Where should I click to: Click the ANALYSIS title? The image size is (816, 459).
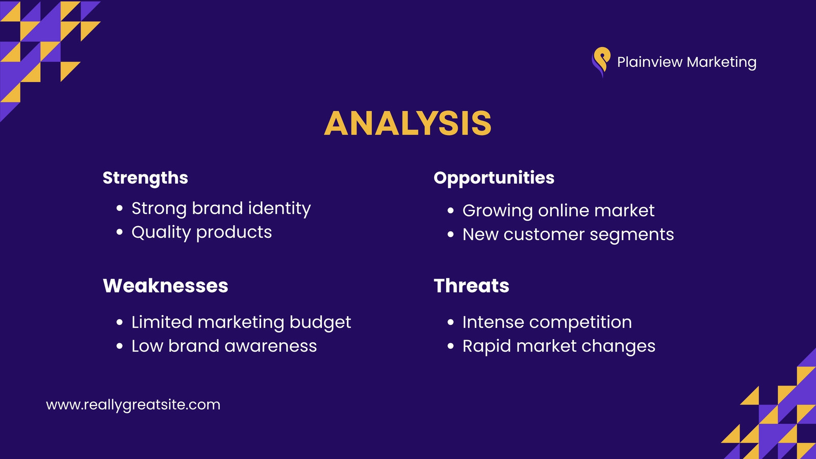407,123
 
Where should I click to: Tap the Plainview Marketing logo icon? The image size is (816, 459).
601,62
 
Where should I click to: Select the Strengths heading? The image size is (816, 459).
145,178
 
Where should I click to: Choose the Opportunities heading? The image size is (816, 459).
494,178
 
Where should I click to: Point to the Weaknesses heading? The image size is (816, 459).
165,286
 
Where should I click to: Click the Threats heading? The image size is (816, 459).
471,286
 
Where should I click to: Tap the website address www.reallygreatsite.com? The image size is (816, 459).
133,405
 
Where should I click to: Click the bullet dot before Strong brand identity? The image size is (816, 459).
119,209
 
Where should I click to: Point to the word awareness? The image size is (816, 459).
270,346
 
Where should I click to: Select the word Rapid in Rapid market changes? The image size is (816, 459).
487,347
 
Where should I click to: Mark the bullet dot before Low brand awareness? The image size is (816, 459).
119,346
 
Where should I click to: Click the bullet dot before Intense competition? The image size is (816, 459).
451,322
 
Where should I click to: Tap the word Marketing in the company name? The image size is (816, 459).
721,62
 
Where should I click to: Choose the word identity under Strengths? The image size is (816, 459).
279,209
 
